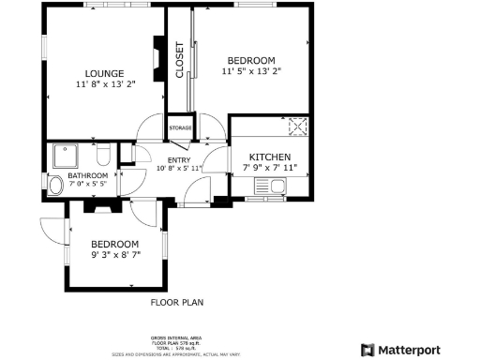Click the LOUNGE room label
[x=97, y=73]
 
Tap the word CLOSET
[x=180, y=61]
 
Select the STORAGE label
[x=181, y=127]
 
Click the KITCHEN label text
[x=269, y=157]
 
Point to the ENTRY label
[x=153, y=159]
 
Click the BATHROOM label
[x=87, y=176]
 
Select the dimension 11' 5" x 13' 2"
[x=251, y=71]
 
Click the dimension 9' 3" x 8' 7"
[x=116, y=254]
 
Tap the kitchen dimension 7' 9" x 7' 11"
[x=268, y=168]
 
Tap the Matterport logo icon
[x=367, y=350]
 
